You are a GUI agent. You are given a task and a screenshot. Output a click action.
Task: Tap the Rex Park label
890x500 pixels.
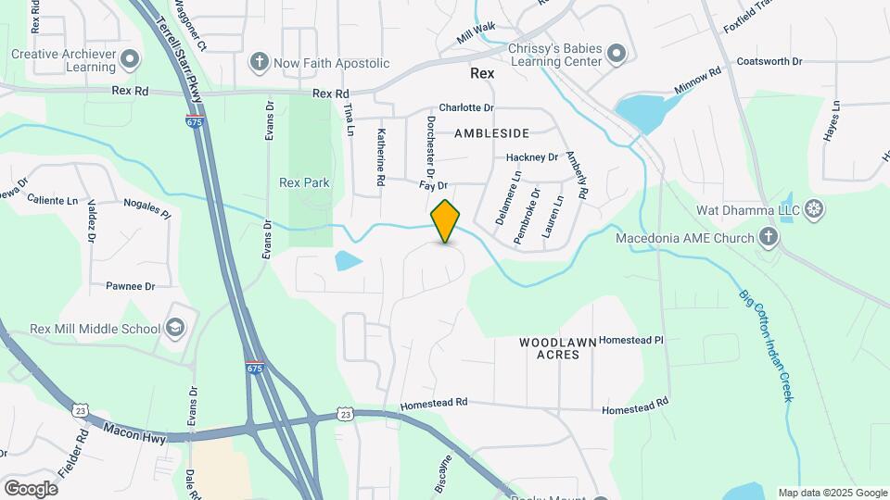pos(304,182)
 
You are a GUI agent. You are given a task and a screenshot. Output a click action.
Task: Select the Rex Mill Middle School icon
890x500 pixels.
pos(175,328)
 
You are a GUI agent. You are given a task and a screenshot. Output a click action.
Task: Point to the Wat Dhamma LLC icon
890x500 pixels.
pos(815,209)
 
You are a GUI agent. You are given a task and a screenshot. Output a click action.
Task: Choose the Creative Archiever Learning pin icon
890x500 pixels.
pos(130,60)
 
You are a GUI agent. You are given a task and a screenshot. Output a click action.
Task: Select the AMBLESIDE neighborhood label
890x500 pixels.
pos(491,133)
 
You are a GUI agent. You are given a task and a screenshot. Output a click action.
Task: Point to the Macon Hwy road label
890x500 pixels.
pos(133,431)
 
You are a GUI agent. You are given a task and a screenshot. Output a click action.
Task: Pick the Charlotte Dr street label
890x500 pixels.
pos(466,108)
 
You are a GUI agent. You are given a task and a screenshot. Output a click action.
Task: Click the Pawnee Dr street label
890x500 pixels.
pos(130,287)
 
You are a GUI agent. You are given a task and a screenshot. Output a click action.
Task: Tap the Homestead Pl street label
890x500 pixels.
pos(632,340)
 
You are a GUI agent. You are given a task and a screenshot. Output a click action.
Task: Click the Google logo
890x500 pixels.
pos(31,488)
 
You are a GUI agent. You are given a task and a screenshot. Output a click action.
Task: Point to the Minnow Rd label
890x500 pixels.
pos(698,82)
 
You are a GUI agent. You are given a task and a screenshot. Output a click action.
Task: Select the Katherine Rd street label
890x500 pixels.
pos(380,159)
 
